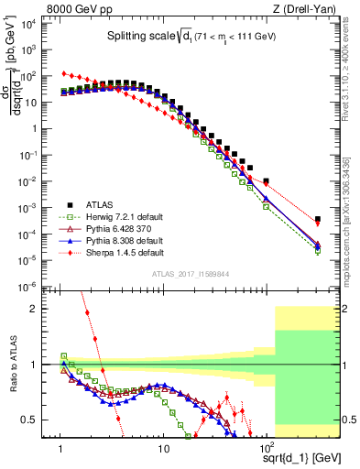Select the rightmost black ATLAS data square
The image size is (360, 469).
pyautogui.click(x=317, y=220)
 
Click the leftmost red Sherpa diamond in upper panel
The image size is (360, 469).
pyautogui.click(x=62, y=73)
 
